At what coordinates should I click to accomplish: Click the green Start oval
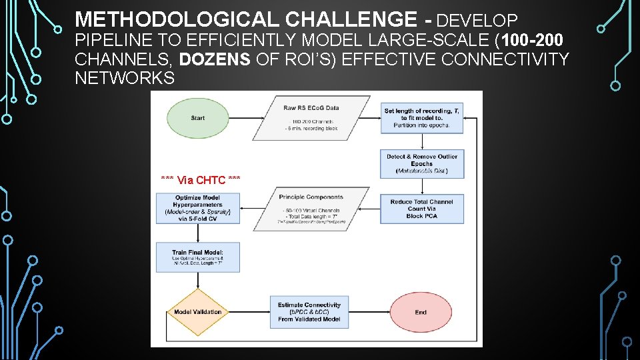pyautogui.click(x=197, y=119)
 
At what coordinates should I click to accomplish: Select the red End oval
pyautogui.click(x=421, y=312)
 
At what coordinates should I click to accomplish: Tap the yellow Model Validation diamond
pyautogui.click(x=197, y=312)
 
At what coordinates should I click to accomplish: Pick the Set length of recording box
pyautogui.click(x=422, y=118)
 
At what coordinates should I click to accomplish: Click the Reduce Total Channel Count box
pyautogui.click(x=422, y=209)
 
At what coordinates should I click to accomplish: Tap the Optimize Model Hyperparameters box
pyautogui.click(x=197, y=208)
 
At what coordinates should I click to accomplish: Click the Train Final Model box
pyautogui.click(x=197, y=257)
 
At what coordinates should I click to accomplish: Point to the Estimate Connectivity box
pyautogui.click(x=309, y=312)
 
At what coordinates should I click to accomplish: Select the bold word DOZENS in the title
pyautogui.click(x=215, y=59)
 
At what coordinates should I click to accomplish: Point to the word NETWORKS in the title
pyautogui.click(x=125, y=78)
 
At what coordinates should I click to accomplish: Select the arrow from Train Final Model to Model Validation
pyautogui.click(x=197, y=280)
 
